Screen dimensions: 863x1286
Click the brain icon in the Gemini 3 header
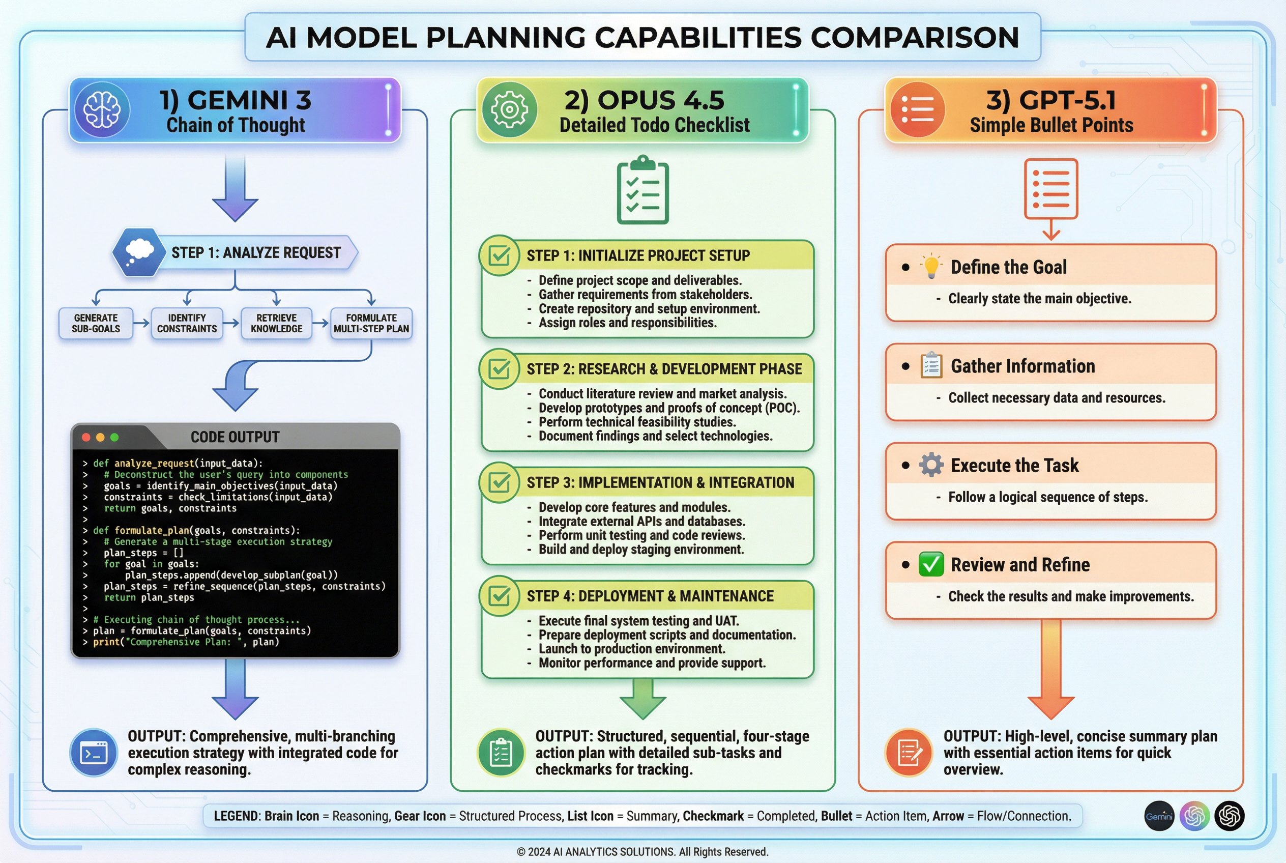102,109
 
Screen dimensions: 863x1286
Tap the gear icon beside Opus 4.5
509,109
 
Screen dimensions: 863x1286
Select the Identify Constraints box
187,323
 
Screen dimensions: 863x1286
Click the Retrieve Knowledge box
276,323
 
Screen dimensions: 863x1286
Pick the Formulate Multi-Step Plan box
371,323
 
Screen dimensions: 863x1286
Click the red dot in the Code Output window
86,437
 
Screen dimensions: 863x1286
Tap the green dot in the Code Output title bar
114,437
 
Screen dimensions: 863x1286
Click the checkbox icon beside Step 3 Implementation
499,482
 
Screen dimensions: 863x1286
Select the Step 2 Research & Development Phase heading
664,369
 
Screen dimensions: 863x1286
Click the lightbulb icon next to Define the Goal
931,267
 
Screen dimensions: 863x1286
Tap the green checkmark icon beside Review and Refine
931,564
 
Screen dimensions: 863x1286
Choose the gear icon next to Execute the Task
931,465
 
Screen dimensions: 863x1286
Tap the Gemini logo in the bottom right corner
1159,816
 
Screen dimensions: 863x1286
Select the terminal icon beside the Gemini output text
94,753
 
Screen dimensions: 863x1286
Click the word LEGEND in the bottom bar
236,816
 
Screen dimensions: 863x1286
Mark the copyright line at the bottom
642,851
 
